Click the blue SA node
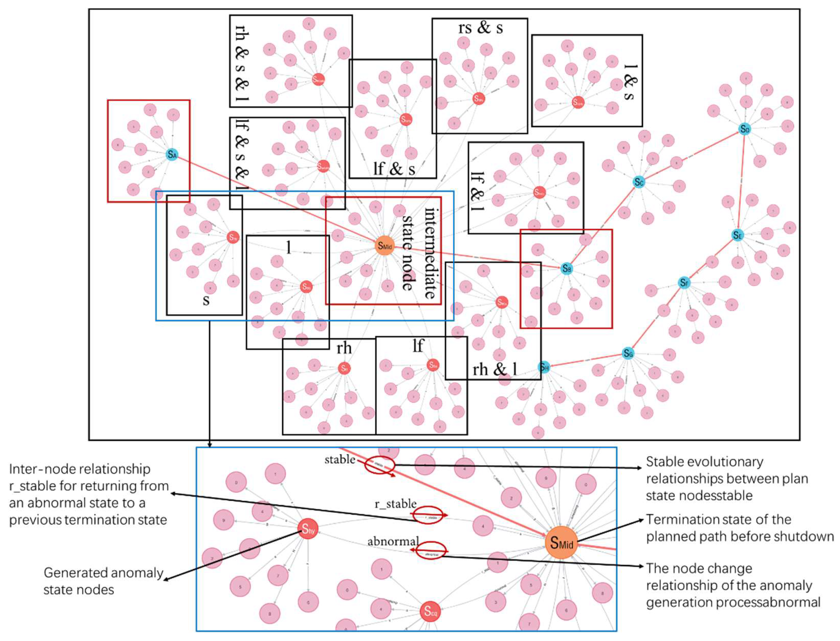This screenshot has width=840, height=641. coord(172,155)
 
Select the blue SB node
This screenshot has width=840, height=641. coord(567,269)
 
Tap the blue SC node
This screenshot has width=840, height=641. coord(638,182)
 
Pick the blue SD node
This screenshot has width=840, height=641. coord(744,129)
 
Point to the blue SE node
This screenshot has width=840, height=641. coord(737,235)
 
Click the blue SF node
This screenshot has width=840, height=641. coord(684,283)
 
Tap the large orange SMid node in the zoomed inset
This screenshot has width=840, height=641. coord(561,543)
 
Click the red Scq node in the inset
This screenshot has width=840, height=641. coord(430,611)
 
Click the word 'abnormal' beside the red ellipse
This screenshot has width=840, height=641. coord(393,541)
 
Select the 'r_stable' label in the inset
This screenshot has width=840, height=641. coord(395,504)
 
